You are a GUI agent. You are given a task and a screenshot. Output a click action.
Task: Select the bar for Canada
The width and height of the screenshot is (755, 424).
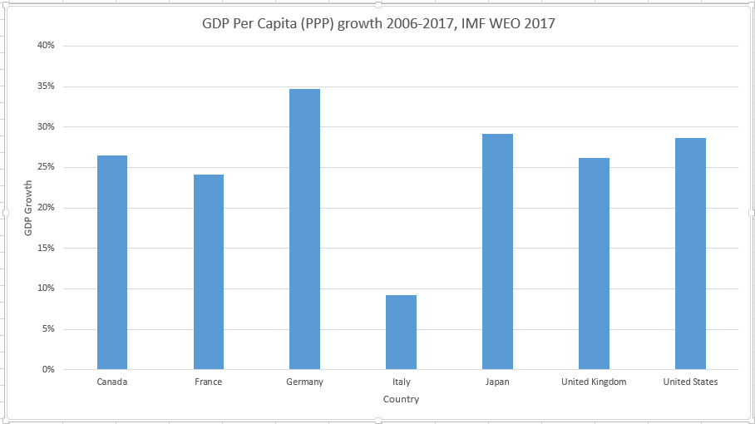coord(112,262)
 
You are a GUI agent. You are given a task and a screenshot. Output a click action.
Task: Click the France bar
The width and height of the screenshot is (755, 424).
coord(209,272)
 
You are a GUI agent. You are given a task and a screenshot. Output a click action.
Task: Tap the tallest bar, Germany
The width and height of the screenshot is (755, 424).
coord(304,229)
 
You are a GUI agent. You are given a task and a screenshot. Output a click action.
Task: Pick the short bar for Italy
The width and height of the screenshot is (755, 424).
coord(401,332)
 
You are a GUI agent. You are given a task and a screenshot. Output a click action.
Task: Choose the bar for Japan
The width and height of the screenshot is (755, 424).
coord(497,251)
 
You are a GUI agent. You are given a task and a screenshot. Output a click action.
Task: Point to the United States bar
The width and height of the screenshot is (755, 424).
coord(690,254)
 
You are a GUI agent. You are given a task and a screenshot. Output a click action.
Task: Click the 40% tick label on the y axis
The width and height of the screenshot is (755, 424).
coord(45,46)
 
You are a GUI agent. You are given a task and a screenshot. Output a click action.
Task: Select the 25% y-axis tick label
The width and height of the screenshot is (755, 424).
coord(45,167)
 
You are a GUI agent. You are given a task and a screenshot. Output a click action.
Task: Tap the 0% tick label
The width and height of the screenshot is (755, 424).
coord(47,369)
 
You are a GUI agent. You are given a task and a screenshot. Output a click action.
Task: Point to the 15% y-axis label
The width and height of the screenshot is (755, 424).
coord(45,248)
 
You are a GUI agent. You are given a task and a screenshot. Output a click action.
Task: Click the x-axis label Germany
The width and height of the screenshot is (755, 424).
coord(304,382)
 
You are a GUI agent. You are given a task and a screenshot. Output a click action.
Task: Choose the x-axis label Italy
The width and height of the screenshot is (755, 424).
coord(401,382)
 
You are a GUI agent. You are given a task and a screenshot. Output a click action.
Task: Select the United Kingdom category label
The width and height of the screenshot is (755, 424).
coord(594,382)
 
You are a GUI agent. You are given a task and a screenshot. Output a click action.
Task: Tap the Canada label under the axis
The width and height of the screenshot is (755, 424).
coord(112,382)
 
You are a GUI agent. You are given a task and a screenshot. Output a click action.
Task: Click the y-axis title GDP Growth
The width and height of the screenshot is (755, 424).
coord(28,207)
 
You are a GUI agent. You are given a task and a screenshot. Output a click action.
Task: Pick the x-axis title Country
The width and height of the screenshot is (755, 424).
coord(401,400)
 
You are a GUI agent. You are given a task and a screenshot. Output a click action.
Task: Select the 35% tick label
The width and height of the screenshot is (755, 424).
coord(45,86)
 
